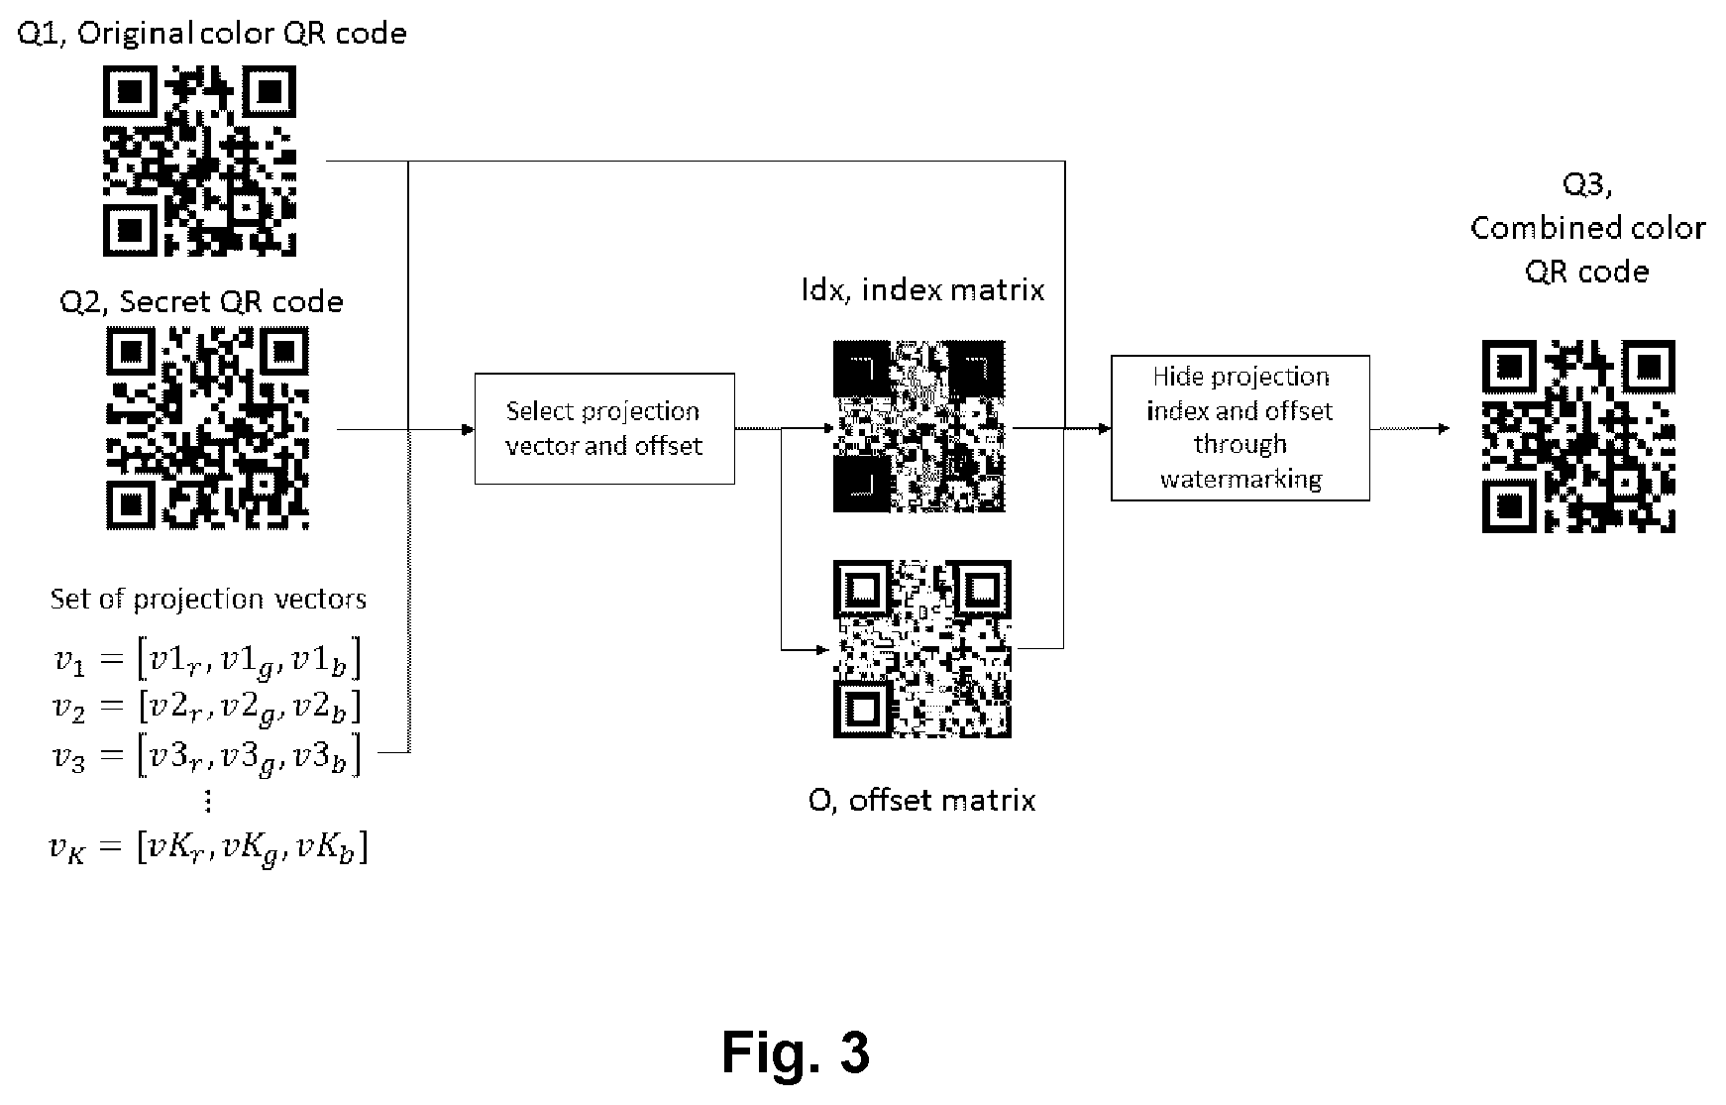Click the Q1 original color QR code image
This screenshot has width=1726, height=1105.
point(199,161)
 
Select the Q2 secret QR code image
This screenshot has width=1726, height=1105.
point(207,428)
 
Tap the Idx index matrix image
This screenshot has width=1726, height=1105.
point(918,426)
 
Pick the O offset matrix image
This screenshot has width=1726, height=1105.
point(921,649)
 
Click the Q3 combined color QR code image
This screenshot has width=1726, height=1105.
point(1578,436)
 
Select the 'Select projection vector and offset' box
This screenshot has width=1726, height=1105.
point(604,428)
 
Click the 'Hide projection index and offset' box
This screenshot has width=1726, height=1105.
point(1241,427)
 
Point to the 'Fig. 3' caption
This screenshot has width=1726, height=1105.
point(796,1051)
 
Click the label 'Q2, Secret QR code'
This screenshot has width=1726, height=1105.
point(202,301)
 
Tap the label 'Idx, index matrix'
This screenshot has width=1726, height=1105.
point(922,289)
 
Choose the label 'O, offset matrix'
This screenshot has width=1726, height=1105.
point(921,800)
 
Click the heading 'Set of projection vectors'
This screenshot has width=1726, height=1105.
point(208,599)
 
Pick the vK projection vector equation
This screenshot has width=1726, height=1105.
point(209,849)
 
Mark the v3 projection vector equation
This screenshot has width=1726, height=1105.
point(207,756)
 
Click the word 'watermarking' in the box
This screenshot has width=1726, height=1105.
point(1241,479)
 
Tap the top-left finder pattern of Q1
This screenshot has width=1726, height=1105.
point(128,91)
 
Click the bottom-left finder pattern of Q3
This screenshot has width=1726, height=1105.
point(1507,507)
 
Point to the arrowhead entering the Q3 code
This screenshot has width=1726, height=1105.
point(1443,428)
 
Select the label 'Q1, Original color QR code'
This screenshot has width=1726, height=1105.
point(212,34)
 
